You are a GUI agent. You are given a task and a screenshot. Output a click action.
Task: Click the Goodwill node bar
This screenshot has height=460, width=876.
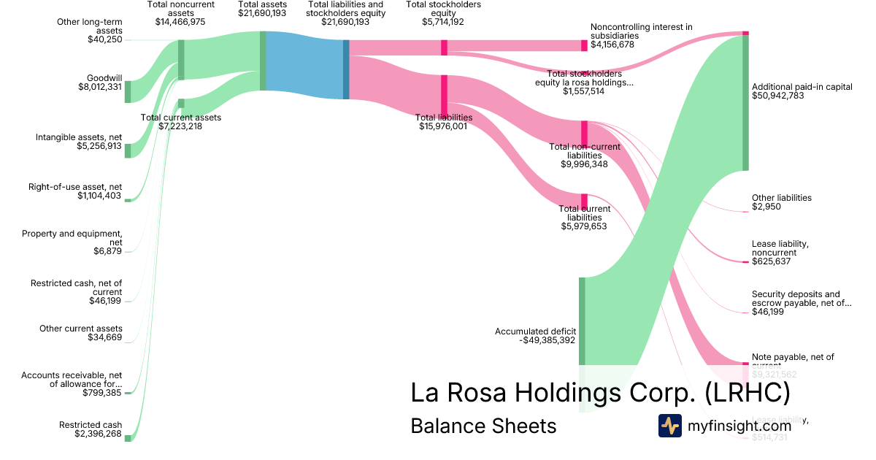point(128,92)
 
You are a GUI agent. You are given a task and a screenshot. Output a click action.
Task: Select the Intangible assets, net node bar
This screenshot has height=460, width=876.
point(128,150)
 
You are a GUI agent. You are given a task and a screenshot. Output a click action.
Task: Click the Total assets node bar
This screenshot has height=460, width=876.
point(263,61)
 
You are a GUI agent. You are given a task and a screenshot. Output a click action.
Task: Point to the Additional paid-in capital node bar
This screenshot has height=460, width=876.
point(745,102)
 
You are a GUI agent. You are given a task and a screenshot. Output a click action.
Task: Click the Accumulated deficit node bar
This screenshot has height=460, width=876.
point(582,321)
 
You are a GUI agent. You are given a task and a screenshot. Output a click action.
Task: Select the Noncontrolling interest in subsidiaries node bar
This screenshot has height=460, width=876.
point(584,45)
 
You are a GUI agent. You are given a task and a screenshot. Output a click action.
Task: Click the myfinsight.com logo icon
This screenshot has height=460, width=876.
point(669,426)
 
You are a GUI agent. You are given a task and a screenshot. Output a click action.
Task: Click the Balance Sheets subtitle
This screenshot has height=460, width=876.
point(483,426)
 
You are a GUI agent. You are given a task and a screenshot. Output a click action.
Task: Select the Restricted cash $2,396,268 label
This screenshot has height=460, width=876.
point(91,429)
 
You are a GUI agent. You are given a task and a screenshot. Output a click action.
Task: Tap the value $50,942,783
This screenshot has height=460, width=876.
point(777,96)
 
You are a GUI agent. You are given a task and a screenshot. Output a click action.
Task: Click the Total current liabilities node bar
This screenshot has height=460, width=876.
point(584,202)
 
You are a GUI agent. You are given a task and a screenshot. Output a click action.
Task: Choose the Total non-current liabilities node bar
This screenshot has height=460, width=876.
point(584,134)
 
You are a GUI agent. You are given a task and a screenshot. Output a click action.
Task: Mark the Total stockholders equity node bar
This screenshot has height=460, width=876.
point(444,47)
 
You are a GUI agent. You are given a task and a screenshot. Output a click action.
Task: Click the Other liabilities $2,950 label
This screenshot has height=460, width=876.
point(781,202)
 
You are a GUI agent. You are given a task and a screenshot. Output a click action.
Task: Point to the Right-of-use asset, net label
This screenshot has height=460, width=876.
point(75,191)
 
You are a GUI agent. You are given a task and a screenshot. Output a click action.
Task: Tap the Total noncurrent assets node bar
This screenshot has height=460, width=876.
point(181,59)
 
